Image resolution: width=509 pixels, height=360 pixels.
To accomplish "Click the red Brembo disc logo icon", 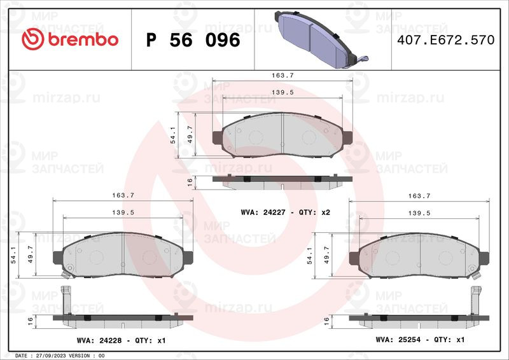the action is (32, 39).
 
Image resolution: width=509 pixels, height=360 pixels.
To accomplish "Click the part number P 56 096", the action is (193, 40).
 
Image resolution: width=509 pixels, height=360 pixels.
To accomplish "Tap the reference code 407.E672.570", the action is (446, 40).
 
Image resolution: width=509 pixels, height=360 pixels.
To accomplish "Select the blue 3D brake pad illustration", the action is (321, 40).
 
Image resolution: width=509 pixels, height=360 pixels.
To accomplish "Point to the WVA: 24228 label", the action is (99, 340).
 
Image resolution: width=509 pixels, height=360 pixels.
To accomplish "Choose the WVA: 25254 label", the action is (398, 340).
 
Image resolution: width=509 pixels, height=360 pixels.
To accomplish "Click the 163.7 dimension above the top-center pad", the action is (282, 75).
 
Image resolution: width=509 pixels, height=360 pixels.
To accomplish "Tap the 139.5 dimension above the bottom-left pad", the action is (123, 212).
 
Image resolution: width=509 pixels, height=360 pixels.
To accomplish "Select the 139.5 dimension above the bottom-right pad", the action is (419, 213).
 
